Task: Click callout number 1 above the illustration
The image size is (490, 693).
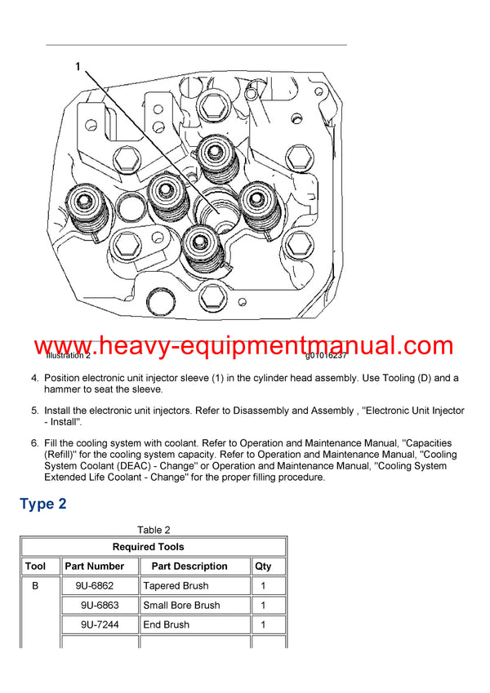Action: point(78,67)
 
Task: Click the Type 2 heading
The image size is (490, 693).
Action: point(42,504)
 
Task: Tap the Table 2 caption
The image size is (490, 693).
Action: point(154,530)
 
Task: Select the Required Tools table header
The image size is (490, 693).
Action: point(154,547)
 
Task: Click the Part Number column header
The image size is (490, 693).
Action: point(95,566)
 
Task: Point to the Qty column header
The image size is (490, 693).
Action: point(262,566)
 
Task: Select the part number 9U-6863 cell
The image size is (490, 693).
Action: point(100,605)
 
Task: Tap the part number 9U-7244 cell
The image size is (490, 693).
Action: point(100,624)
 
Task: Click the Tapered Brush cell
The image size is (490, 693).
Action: point(176,585)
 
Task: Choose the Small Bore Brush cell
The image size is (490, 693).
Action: point(181,605)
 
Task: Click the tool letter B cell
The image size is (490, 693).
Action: point(35,585)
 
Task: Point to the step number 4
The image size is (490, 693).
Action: point(34,378)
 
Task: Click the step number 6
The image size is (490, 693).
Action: point(34,443)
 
